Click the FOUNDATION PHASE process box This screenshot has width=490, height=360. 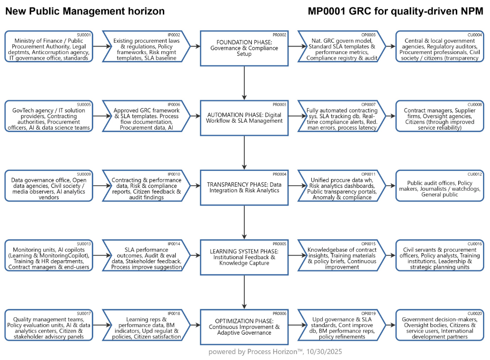(244, 48)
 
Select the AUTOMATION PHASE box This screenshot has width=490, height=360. (244, 118)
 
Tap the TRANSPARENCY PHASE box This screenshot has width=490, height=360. (244, 187)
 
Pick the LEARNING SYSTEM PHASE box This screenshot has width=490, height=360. (244, 257)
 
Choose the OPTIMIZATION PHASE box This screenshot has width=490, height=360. (244, 326)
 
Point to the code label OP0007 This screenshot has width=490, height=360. (369, 104)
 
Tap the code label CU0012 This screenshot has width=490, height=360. (475, 174)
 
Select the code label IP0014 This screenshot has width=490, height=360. (174, 243)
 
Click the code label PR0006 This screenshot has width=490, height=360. (280, 313)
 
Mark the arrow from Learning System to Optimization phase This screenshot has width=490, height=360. (244, 291)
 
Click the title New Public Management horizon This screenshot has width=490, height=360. (85, 11)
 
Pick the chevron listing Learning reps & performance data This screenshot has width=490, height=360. (147, 325)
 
